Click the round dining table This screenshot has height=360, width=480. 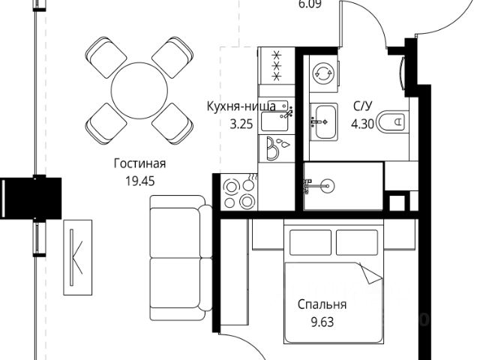point(139,91)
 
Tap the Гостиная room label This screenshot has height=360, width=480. point(140,163)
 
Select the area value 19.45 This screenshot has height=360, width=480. point(140,181)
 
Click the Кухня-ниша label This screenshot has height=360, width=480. point(241,106)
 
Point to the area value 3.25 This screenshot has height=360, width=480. point(241,124)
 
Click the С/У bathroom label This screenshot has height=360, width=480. point(363,106)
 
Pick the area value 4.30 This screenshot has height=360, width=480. point(363,124)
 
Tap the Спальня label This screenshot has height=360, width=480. point(322,304)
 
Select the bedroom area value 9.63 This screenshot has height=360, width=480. point(322,322)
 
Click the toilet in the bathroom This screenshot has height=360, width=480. point(392,122)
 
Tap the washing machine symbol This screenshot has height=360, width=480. point(323,73)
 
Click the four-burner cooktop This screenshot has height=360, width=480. point(239,192)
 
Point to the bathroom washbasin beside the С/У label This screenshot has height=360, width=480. point(323,121)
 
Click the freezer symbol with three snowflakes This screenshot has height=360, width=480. point(277,65)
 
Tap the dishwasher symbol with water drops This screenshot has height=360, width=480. point(277,148)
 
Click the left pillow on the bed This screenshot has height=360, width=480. point(310,242)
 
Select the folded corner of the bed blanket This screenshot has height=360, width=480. point(370,274)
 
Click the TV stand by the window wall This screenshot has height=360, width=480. point(78,257)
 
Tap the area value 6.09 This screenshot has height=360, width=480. point(310,4)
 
